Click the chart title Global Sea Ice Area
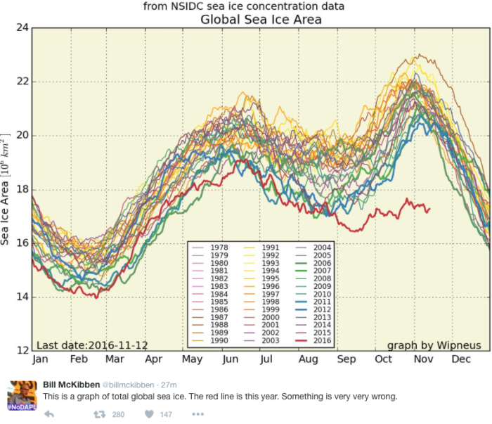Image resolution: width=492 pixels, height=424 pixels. click(261, 19)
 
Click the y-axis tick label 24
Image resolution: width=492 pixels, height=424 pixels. click(20, 28)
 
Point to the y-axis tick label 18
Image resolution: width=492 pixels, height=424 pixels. click(20, 189)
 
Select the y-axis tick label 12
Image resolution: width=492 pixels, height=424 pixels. click(20, 350)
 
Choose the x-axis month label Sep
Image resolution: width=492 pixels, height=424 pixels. click(346, 359)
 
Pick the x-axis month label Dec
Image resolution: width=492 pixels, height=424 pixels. click(460, 359)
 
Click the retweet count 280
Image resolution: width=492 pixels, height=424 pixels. click(118, 415)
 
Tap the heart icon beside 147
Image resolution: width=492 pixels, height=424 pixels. click(149, 415)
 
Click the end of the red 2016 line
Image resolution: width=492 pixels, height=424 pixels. click(429, 210)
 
